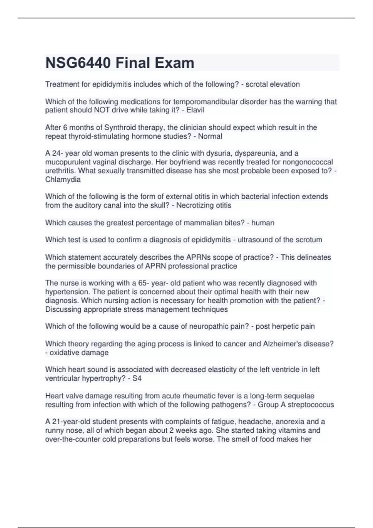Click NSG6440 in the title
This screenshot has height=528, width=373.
tap(78, 63)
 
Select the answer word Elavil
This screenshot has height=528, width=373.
tap(195, 110)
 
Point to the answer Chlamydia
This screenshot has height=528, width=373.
tap(63, 180)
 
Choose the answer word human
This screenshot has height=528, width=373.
tap(263, 223)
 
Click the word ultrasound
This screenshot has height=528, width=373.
tap(253, 240)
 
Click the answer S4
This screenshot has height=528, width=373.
tap(137, 378)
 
